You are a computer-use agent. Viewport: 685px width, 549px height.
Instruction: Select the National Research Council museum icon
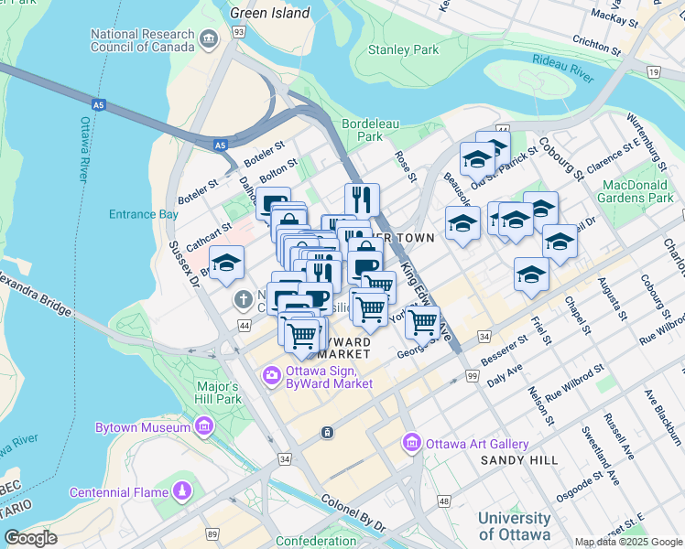click(210, 38)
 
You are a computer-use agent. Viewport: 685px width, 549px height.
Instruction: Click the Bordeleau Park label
click(362, 129)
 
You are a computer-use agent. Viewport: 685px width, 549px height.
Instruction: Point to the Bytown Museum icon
click(203, 426)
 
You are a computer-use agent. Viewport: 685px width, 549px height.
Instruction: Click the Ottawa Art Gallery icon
click(411, 444)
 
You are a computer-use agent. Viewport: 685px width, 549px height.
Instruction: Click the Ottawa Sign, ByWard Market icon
click(271, 375)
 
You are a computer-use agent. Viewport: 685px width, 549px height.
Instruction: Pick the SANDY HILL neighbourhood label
click(519, 460)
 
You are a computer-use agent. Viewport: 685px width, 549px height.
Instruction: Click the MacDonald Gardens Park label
click(637, 191)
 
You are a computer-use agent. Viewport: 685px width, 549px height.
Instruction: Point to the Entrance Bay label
click(144, 214)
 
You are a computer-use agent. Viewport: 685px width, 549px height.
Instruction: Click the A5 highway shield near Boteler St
click(220, 145)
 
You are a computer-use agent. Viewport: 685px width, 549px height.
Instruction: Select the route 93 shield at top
click(239, 32)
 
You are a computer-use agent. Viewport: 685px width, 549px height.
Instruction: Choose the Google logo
click(31, 537)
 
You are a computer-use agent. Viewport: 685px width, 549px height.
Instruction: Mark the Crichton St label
click(597, 40)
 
